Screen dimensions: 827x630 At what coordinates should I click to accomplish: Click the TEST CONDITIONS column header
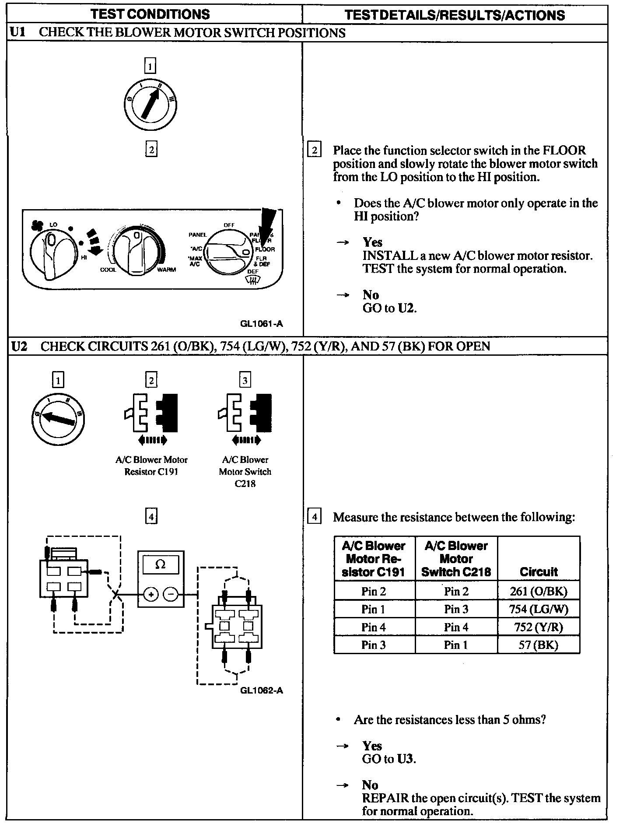(150, 14)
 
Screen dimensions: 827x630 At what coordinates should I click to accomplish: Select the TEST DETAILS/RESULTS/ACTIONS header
(455, 15)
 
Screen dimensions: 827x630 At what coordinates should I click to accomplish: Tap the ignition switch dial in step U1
(150, 105)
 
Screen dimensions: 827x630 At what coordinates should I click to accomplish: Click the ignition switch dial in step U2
(58, 419)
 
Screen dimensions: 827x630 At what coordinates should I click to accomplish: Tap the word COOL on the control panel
(108, 270)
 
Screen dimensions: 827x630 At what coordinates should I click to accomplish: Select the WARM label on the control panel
(166, 270)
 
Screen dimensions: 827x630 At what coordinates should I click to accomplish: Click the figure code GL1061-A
(261, 324)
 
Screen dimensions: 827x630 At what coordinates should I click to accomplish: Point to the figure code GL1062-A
(261, 690)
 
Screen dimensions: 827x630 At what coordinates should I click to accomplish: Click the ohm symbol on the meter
(160, 565)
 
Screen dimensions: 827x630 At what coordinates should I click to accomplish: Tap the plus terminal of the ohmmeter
(150, 594)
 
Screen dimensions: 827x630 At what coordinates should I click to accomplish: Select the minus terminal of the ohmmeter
(171, 594)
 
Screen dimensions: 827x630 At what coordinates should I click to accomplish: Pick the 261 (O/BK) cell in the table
(538, 592)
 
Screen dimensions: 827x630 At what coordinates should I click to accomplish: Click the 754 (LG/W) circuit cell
(538, 609)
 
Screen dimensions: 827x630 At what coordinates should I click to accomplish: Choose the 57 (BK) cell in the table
(538, 645)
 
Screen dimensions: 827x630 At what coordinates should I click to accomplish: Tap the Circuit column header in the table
(539, 572)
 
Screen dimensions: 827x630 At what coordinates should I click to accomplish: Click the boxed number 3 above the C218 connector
(245, 380)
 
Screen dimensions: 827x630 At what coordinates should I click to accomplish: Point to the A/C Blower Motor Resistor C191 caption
(151, 466)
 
